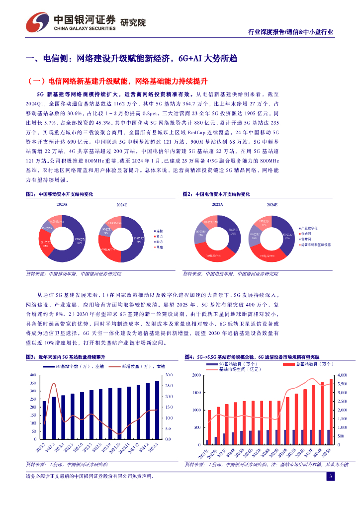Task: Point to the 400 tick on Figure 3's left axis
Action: pos(33,375)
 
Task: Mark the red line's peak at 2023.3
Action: pos(54,383)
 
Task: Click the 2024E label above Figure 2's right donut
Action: pos(272,205)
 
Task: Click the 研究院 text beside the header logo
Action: pos(134,22)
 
